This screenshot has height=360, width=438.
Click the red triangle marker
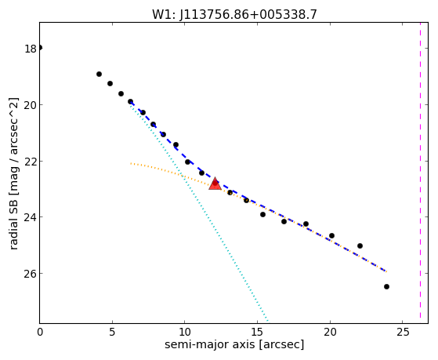tap(215, 184)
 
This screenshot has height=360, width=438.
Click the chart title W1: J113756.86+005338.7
tap(234, 14)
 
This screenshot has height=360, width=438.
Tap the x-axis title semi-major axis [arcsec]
tap(234, 344)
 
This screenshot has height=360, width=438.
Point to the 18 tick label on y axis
tap(31, 49)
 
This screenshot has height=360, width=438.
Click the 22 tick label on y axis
tap(31, 162)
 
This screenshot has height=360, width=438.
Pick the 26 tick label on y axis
tap(31, 274)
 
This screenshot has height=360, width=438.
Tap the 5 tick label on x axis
tap(112, 333)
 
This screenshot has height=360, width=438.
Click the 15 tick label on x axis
tap(257, 333)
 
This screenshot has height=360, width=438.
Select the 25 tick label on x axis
tap(403, 333)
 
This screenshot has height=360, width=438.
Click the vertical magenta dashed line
tap(420, 173)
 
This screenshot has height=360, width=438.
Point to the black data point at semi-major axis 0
tap(40, 48)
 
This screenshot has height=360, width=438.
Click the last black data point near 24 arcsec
tap(386, 287)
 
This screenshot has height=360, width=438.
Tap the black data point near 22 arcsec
tap(360, 245)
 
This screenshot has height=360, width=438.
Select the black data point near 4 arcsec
tap(99, 75)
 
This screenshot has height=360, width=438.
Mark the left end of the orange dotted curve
tap(131, 163)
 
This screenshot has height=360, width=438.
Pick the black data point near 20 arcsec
tap(331, 235)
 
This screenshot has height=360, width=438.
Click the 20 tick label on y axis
tap(31, 105)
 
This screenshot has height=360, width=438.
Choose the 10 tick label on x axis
tap(185, 333)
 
